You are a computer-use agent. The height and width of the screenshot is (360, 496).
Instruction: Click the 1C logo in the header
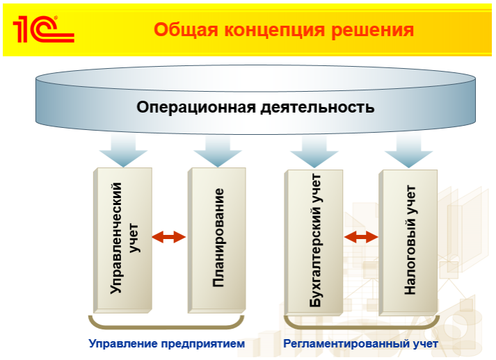pos(42,28)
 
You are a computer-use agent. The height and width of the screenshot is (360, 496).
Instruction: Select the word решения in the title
pos(376,31)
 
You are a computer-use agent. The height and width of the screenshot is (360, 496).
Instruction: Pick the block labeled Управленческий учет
pos(122,238)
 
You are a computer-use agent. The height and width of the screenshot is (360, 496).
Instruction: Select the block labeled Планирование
pos(217,238)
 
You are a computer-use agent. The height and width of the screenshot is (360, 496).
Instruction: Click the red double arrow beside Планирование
pos(169,237)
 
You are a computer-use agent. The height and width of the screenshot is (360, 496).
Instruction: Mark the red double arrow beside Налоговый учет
pos(361,237)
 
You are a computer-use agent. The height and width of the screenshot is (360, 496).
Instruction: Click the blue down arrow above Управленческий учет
pos(122,150)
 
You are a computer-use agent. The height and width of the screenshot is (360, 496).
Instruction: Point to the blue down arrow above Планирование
pos(217,150)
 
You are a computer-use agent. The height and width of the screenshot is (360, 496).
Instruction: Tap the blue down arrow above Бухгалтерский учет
pos(314,150)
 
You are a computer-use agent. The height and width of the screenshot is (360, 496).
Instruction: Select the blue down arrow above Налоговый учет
pos(409,150)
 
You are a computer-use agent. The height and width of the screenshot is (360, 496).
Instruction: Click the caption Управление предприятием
pos(167,343)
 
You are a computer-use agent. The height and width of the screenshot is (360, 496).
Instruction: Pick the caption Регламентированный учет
pos(360,343)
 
